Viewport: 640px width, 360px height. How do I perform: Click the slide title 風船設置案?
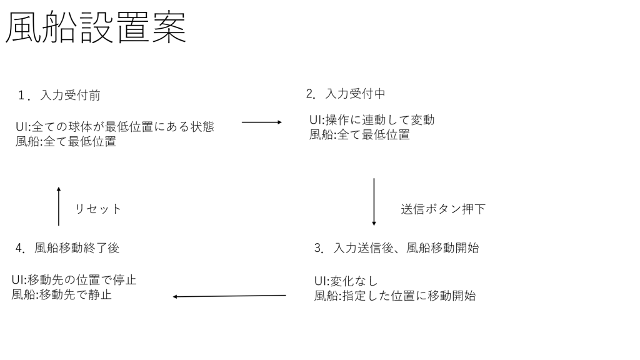click(x=96, y=27)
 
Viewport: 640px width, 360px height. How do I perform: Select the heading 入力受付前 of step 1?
click(x=70, y=95)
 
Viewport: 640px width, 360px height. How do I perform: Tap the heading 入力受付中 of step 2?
click(x=355, y=94)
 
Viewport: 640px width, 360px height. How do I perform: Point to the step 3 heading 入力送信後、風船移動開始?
click(x=406, y=247)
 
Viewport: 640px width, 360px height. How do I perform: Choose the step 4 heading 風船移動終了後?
click(x=77, y=247)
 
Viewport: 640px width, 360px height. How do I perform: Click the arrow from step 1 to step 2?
click(x=262, y=122)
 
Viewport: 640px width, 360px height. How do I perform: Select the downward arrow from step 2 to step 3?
click(x=374, y=202)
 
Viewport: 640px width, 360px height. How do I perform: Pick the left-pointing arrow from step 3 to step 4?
click(x=229, y=296)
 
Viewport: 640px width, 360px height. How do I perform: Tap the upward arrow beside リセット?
click(x=59, y=206)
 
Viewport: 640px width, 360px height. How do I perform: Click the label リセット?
click(x=98, y=209)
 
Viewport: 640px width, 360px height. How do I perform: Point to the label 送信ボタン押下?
click(x=443, y=209)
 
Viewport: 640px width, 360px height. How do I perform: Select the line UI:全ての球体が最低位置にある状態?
click(x=115, y=126)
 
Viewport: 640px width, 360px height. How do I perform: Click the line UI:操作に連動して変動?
click(x=372, y=119)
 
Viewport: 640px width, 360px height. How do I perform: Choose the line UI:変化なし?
click(x=346, y=281)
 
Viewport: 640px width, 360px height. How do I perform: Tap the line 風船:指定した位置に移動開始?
click(x=395, y=296)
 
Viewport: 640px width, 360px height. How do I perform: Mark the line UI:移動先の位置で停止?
click(x=74, y=279)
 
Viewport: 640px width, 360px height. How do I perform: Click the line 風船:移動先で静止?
click(x=61, y=294)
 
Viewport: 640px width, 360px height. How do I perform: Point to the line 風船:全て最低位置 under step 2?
click(x=359, y=134)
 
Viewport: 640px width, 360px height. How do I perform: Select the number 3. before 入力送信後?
click(x=319, y=247)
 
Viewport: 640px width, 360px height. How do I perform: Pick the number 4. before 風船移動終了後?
click(x=21, y=247)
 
